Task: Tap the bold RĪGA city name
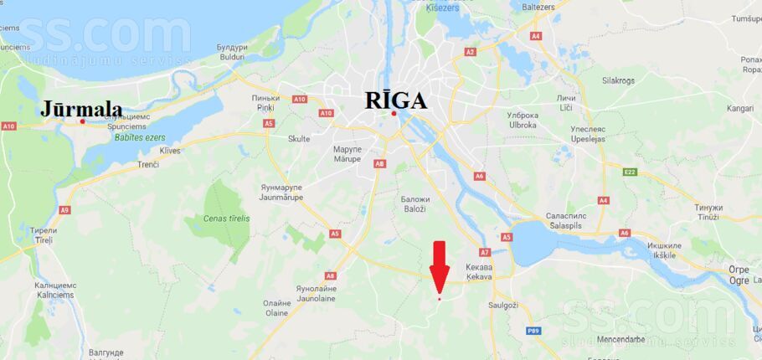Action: click(x=396, y=100)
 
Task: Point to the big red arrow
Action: click(x=440, y=266)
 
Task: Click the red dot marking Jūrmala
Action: click(x=82, y=122)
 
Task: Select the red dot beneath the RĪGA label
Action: click(x=394, y=114)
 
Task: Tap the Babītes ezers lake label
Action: click(x=140, y=137)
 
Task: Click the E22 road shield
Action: click(x=630, y=172)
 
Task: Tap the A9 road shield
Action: click(x=65, y=210)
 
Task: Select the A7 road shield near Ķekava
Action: click(x=485, y=252)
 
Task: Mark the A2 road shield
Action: click(x=470, y=52)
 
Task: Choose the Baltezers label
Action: click(x=538, y=8)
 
